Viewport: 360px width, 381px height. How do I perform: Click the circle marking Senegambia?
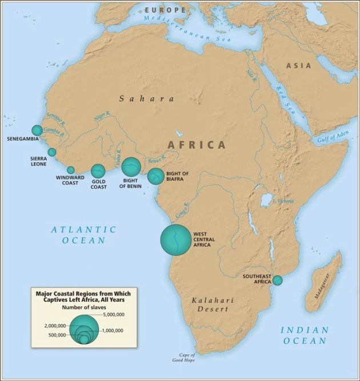[x=37, y=130]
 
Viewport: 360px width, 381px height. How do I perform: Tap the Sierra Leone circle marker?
[x=52, y=152]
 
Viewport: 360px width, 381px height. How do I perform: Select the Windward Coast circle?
[x=71, y=170]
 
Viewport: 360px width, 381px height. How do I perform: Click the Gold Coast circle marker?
[x=98, y=170]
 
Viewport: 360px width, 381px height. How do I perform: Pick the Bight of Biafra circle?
[x=155, y=177]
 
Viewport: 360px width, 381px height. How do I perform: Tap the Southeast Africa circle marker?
[x=277, y=280]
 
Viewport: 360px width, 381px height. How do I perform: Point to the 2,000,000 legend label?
[x=56, y=324]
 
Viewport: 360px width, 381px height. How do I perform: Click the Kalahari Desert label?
[x=210, y=304]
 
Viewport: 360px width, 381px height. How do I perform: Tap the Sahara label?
[x=147, y=99]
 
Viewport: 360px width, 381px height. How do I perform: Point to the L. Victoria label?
[x=282, y=201]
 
